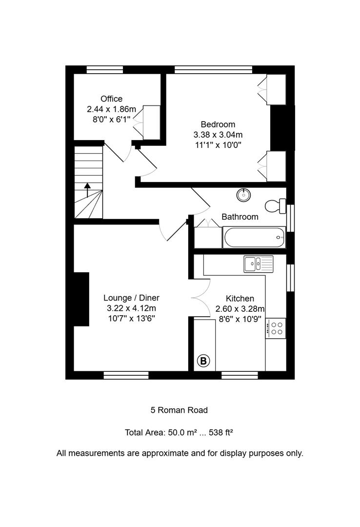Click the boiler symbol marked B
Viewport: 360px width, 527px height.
203,361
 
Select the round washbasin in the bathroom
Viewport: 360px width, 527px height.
243,195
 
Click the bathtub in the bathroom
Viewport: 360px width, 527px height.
254,238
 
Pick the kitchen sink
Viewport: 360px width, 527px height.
259,264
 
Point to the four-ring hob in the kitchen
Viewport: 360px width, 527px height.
276,327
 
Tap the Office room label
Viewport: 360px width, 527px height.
112,99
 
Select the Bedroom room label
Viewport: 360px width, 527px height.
218,124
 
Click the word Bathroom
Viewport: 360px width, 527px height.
240,217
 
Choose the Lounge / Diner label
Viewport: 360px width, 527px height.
131,298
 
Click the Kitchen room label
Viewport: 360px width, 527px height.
240,298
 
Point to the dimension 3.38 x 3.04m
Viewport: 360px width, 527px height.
218,135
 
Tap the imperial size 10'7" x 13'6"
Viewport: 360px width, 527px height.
131,319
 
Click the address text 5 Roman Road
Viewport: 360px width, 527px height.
180,410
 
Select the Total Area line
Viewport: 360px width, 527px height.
182,432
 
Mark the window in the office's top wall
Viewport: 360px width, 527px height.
105,69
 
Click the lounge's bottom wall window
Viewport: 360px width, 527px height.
126,375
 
